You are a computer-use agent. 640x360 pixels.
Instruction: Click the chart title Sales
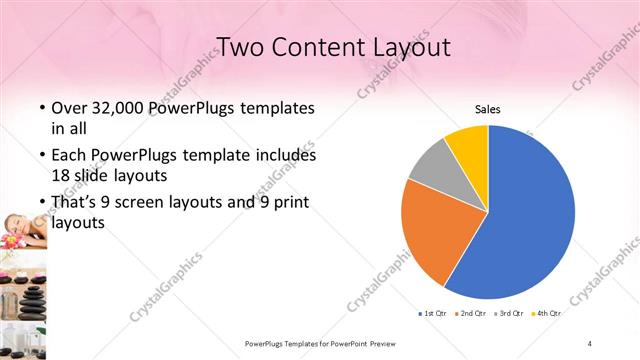click(x=487, y=109)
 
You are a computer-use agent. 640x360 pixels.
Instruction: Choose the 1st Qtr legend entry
click(x=433, y=314)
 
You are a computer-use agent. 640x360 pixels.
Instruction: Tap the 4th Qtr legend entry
click(x=548, y=314)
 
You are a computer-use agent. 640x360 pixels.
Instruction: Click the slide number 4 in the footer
click(x=590, y=343)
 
